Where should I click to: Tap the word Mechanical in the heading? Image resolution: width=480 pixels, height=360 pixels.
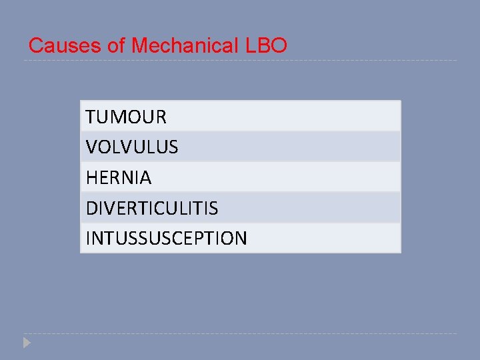tap(183, 46)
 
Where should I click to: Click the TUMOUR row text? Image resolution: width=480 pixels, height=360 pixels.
tap(126, 117)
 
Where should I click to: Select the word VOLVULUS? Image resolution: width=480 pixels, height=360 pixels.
tap(132, 147)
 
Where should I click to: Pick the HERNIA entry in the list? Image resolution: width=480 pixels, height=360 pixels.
tap(119, 178)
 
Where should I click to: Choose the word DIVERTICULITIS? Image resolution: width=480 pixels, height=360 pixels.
tap(151, 209)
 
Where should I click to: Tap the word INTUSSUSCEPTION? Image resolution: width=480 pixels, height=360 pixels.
tap(166, 239)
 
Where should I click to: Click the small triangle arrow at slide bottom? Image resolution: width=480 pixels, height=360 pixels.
tap(26, 343)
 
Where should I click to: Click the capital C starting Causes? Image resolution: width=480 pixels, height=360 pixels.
tap(36, 46)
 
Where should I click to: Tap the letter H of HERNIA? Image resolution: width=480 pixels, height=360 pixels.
tap(91, 178)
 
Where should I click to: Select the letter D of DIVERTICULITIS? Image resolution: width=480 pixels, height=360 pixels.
tap(91, 209)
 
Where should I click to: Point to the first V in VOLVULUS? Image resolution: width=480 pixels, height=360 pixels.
tap(91, 147)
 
